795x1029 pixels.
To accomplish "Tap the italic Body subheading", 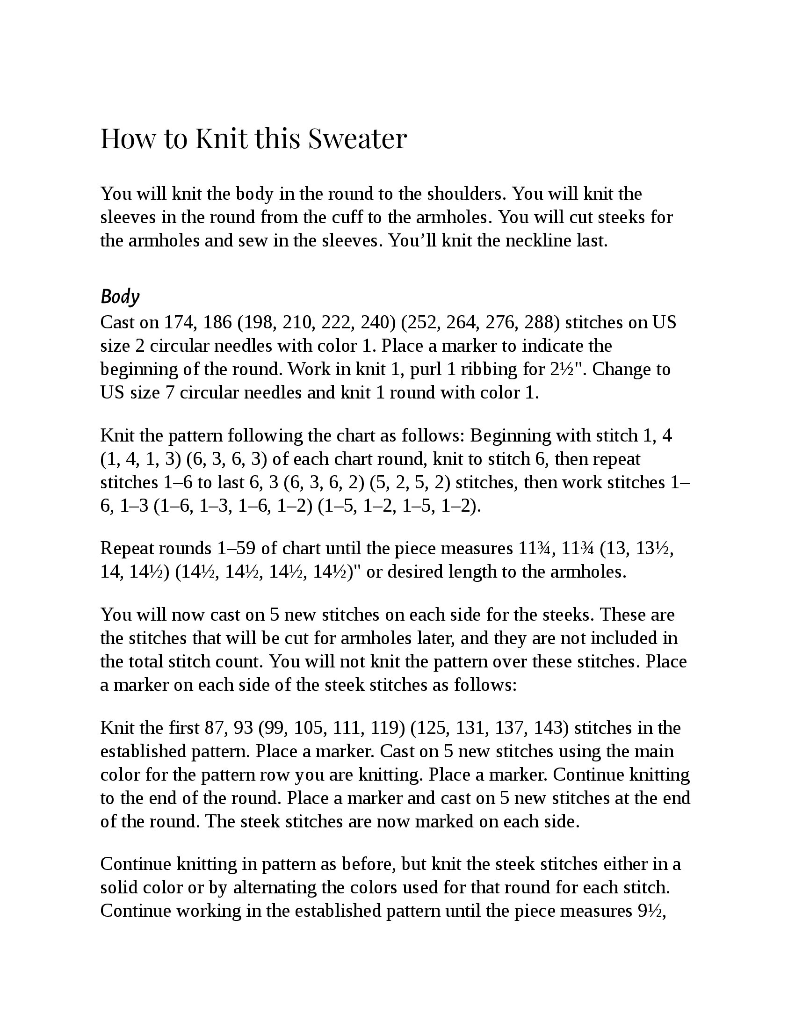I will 120,297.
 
